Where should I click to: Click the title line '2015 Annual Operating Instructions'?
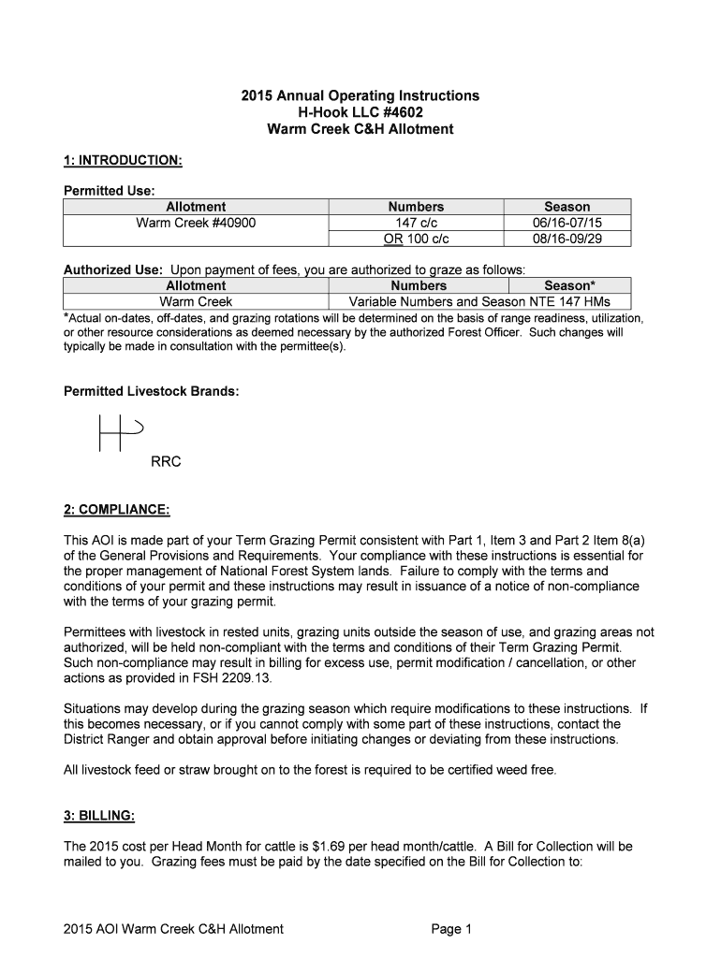[x=360, y=95]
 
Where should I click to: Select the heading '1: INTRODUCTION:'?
[x=123, y=161]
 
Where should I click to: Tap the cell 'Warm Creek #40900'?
[x=196, y=223]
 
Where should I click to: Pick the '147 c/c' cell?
[x=417, y=223]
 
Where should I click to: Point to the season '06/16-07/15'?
[x=567, y=223]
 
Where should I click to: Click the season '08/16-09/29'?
[x=567, y=239]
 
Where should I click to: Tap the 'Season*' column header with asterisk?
[x=569, y=285]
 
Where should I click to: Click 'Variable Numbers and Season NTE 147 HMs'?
[x=478, y=301]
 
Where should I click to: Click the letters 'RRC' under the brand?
[x=166, y=462]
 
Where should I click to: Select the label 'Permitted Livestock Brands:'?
[x=151, y=391]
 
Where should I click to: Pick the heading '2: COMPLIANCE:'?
[x=117, y=510]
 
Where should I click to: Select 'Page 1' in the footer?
[x=452, y=929]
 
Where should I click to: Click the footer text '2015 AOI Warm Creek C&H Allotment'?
[x=173, y=929]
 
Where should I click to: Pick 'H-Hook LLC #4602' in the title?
[x=360, y=112]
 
